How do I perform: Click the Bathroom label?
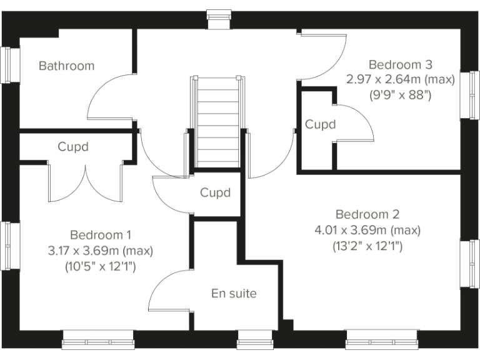(x=66, y=66)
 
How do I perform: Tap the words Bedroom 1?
(x=101, y=235)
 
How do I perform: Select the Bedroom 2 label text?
(x=367, y=214)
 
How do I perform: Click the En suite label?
(x=234, y=293)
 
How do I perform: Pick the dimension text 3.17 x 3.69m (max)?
(x=101, y=251)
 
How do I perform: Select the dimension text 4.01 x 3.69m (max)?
(x=367, y=230)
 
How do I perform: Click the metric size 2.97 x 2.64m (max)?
(x=400, y=80)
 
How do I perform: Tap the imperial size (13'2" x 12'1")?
(x=367, y=246)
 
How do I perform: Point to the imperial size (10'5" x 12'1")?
(x=101, y=266)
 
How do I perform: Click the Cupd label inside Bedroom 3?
(x=320, y=124)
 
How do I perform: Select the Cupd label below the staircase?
(x=215, y=192)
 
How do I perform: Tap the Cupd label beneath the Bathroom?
(x=73, y=147)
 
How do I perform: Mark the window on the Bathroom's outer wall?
(x=7, y=64)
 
